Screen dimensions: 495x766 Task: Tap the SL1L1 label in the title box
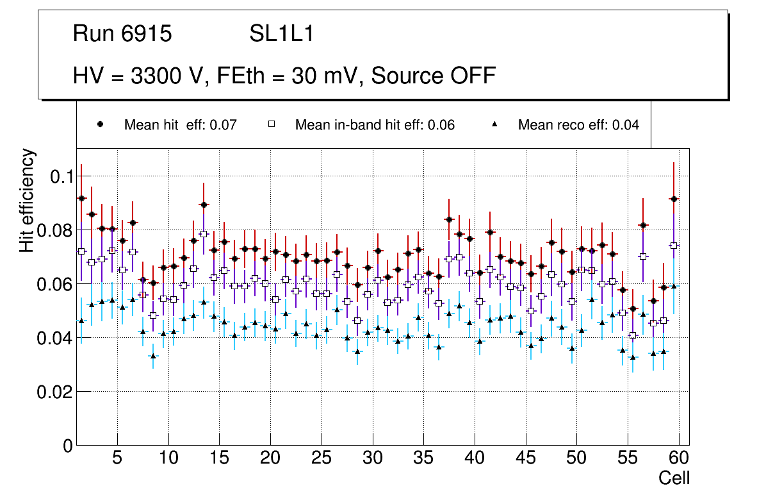click(x=282, y=34)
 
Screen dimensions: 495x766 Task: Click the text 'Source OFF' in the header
click(x=434, y=76)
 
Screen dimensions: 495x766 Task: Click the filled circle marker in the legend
click(x=100, y=124)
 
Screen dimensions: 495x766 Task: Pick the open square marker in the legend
click(x=271, y=124)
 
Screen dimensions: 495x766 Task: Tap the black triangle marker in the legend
click(x=494, y=124)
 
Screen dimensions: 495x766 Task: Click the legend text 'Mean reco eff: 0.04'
click(x=578, y=125)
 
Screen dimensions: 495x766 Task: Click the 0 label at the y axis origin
click(x=68, y=446)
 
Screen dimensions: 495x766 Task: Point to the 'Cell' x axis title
click(x=674, y=478)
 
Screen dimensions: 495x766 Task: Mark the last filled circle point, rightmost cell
click(x=674, y=199)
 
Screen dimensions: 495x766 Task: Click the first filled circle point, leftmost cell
click(x=81, y=199)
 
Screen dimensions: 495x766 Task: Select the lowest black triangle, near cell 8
click(x=153, y=356)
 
